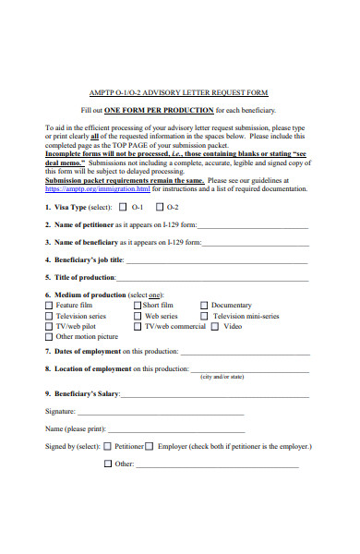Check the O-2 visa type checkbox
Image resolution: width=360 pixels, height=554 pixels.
(161, 208)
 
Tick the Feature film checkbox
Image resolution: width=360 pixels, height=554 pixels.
(49, 305)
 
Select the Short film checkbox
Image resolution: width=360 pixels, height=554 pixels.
(138, 305)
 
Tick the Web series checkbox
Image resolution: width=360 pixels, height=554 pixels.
(138, 316)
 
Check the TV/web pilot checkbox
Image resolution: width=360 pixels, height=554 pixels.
(49, 327)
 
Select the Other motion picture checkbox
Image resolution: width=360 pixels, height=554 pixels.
(49, 337)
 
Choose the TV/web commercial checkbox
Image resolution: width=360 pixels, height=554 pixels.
(138, 327)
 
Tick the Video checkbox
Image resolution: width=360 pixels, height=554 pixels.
(215, 327)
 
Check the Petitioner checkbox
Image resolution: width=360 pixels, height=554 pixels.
(108, 446)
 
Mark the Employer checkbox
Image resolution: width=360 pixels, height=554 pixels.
(150, 446)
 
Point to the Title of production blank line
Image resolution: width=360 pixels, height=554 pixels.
(212, 278)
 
